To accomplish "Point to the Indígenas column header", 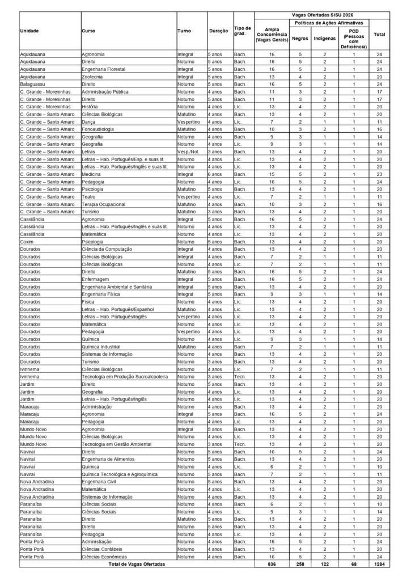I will pyautogui.click(x=325, y=39).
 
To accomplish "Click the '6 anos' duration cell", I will pyautogui.click(x=215, y=175).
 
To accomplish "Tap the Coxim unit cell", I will pyautogui.click(x=27, y=241).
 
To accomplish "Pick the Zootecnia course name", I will pyautogui.click(x=93, y=76).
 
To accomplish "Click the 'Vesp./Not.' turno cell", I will pyautogui.click(x=188, y=152).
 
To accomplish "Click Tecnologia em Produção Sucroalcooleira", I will pyautogui.click(x=124, y=376).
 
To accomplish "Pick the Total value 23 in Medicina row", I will pyautogui.click(x=379, y=175).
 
